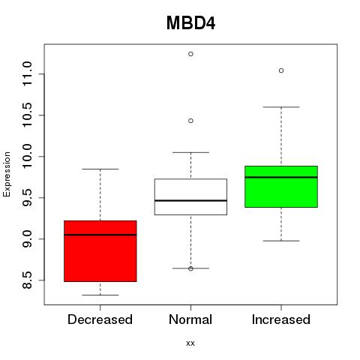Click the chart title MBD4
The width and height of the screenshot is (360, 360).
tap(190, 23)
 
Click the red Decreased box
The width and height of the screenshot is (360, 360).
tap(100, 251)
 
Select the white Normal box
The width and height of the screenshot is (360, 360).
tap(190, 196)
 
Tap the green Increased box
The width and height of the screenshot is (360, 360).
tap(281, 187)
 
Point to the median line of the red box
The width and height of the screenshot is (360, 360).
tap(100, 235)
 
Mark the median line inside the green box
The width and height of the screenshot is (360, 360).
tap(281, 177)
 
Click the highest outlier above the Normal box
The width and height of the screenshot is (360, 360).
tap(190, 54)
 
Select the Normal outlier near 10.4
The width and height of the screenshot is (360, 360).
tap(190, 121)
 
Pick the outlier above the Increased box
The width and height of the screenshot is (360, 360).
tap(281, 70)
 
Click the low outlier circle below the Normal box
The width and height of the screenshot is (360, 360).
tap(190, 268)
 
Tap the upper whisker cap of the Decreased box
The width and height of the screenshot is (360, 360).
tap(100, 169)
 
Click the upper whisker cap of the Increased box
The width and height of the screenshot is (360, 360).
tap(281, 107)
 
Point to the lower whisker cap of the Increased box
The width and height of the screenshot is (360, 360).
tap(281, 241)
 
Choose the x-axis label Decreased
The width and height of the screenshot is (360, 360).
tap(100, 319)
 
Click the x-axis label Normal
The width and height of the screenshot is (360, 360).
tap(190, 319)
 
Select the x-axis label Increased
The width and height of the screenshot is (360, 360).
tap(281, 319)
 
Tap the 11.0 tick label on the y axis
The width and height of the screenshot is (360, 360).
tap(27, 74)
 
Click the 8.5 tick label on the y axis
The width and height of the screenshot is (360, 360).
tap(27, 280)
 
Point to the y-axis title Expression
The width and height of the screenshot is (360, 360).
tap(7, 174)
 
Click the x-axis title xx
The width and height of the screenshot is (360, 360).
tap(190, 343)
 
